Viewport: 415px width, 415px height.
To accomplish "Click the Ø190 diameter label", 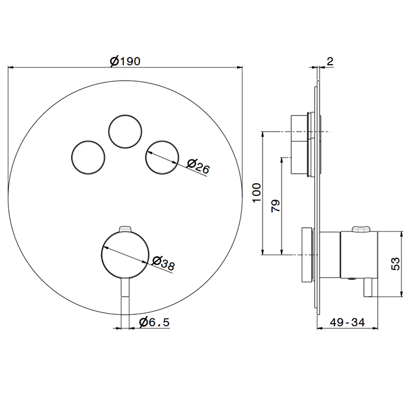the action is pyautogui.click(x=125, y=62).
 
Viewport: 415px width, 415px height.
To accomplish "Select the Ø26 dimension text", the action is pyautogui.click(x=198, y=167).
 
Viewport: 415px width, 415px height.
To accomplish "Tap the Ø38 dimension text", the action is pyautogui.click(x=164, y=263).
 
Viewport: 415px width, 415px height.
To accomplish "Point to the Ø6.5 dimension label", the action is pyautogui.click(x=154, y=322).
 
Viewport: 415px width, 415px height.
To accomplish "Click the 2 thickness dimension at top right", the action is pyautogui.click(x=330, y=61).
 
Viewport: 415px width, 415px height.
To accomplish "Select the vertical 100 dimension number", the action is pyautogui.click(x=257, y=193).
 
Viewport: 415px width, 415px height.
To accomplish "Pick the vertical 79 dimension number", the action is pyautogui.click(x=276, y=206).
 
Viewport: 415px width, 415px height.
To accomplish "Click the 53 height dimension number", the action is pyautogui.click(x=395, y=264).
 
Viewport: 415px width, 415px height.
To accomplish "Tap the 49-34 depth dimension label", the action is pyautogui.click(x=347, y=322).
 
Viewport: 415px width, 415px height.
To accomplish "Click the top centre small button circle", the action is pyautogui.click(x=125, y=115).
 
